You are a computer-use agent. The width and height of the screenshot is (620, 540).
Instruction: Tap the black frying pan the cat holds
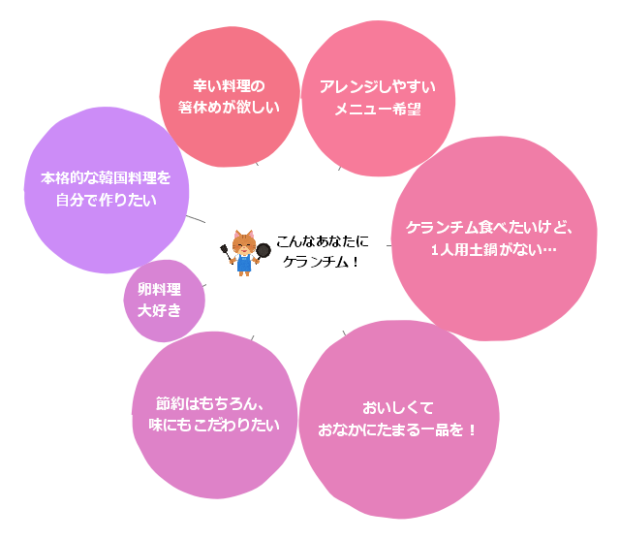click(263, 251)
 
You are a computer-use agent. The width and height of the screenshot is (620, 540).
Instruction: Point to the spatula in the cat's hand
click(226, 252)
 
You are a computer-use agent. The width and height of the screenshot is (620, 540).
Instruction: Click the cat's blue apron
click(244, 263)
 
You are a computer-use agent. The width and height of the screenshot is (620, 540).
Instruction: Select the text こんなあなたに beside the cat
click(323, 241)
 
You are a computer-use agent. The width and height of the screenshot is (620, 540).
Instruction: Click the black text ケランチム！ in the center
click(321, 262)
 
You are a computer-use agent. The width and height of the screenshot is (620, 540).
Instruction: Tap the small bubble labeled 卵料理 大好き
click(164, 301)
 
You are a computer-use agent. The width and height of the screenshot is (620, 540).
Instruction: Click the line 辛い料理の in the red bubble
click(229, 86)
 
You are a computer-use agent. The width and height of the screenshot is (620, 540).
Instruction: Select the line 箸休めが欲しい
click(229, 108)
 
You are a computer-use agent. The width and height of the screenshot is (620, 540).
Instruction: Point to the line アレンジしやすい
click(378, 87)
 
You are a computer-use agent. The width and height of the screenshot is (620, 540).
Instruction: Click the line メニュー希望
click(378, 109)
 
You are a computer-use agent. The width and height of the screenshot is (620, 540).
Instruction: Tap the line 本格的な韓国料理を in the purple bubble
click(106, 178)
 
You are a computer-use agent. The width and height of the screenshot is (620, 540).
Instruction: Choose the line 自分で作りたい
click(106, 200)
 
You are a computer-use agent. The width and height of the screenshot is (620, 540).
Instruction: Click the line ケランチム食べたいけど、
click(489, 228)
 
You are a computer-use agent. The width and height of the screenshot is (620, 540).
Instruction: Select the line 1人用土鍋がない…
click(493, 249)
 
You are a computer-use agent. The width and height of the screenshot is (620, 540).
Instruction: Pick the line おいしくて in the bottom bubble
click(398, 408)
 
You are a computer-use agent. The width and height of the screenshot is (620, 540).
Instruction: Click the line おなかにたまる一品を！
click(397, 429)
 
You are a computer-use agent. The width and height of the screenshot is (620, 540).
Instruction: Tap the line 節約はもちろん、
click(210, 403)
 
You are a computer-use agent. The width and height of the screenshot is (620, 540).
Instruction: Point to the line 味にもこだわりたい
click(214, 425)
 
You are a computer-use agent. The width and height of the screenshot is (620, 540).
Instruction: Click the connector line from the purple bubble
click(196, 219)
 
